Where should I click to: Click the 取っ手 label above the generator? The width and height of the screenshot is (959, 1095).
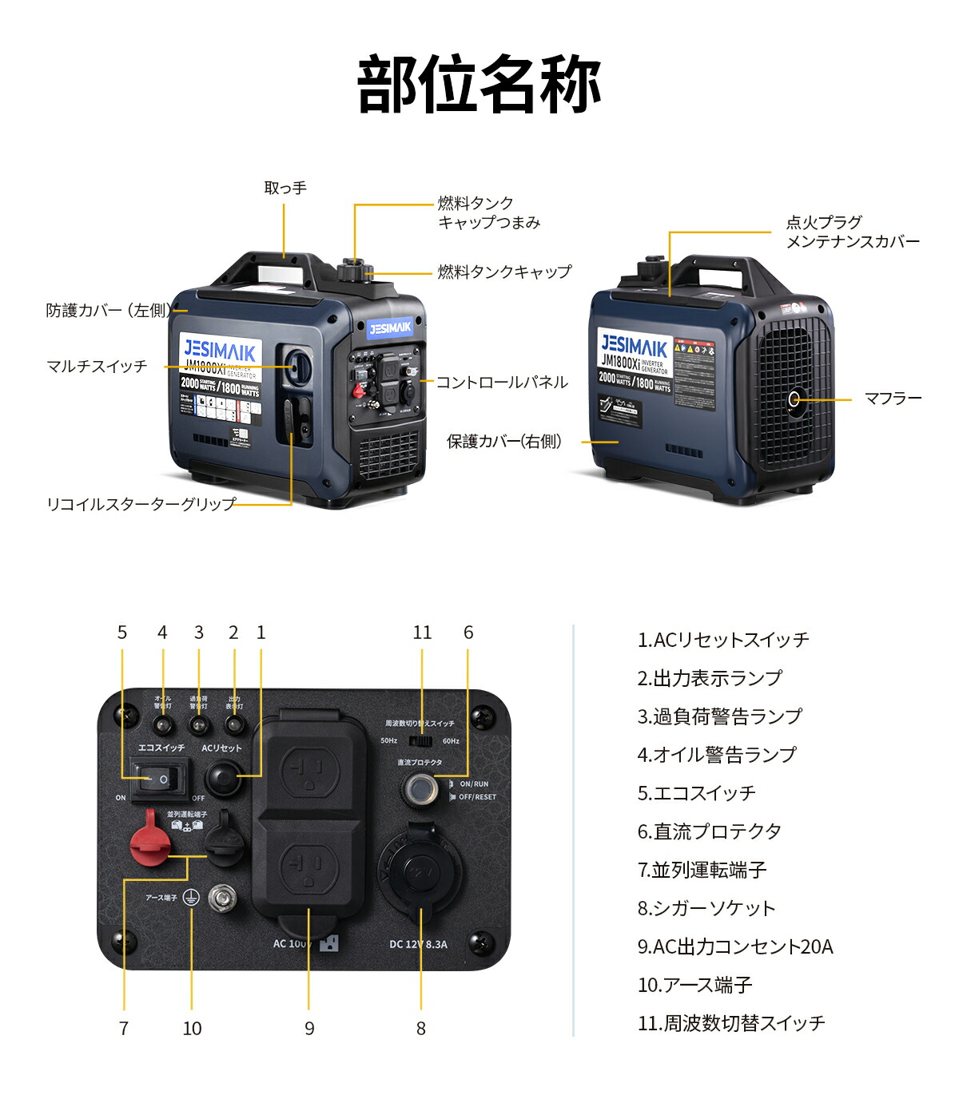(285, 188)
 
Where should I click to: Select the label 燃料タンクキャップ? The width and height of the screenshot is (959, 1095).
(504, 272)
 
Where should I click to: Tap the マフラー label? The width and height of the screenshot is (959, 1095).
(893, 399)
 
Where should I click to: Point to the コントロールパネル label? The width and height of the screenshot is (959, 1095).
(502, 383)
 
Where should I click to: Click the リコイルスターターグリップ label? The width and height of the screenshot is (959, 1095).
(141, 504)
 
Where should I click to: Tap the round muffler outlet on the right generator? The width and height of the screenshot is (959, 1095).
(794, 399)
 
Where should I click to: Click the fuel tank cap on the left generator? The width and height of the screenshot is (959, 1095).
(352, 270)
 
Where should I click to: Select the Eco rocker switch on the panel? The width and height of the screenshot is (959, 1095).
(161, 779)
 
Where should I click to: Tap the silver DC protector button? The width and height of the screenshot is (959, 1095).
(420, 788)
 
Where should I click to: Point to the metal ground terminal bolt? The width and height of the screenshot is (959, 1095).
(221, 899)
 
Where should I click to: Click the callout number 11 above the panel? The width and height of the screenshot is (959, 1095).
(422, 633)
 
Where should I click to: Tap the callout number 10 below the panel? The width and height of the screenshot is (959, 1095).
(192, 1029)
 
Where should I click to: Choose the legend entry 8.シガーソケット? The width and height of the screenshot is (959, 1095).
(706, 908)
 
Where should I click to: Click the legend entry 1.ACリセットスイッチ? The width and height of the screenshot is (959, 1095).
(722, 640)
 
